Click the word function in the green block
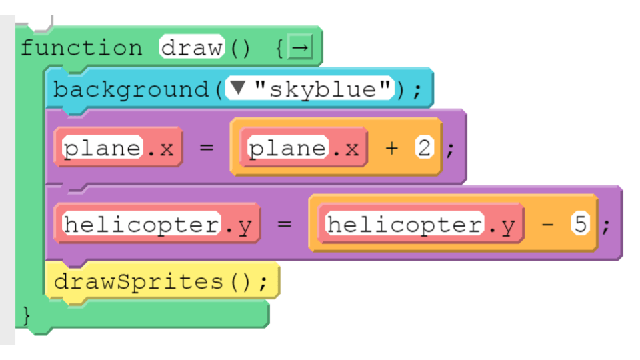coord(81,48)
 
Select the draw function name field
coord(192,47)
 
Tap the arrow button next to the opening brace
coord(301,47)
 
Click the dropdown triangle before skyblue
coord(237,87)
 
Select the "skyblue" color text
coord(323,89)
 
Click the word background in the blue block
coord(131,90)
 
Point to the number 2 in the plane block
coord(424,147)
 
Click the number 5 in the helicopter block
coord(581,223)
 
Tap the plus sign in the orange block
coord(391,148)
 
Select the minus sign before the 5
coord(547,224)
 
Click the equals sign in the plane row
coord(207,147)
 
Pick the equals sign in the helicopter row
coord(285,224)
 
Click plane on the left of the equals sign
coord(103,148)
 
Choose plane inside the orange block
coord(288,148)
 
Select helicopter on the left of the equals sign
coord(141,224)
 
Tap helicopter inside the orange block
coord(405,224)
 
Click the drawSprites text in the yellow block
coord(139,281)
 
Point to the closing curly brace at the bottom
coord(27,315)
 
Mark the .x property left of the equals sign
coord(161,149)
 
